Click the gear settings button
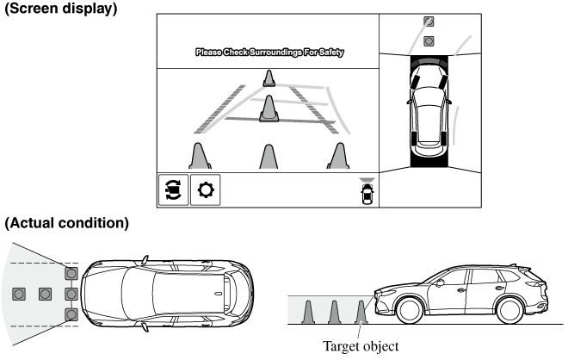coord(206,190)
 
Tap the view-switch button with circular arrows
coord(172,190)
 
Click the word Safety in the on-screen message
coord(331,53)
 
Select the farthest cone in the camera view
coord(270,78)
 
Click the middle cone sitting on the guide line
coord(270,109)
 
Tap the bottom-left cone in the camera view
coord(200,157)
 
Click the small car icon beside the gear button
coord(368,193)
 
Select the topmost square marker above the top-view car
coord(429,22)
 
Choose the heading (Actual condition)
coord(66,223)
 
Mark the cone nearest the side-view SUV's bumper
coord(361,313)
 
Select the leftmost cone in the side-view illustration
coord(309,313)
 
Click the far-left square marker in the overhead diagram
coord(18,294)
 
